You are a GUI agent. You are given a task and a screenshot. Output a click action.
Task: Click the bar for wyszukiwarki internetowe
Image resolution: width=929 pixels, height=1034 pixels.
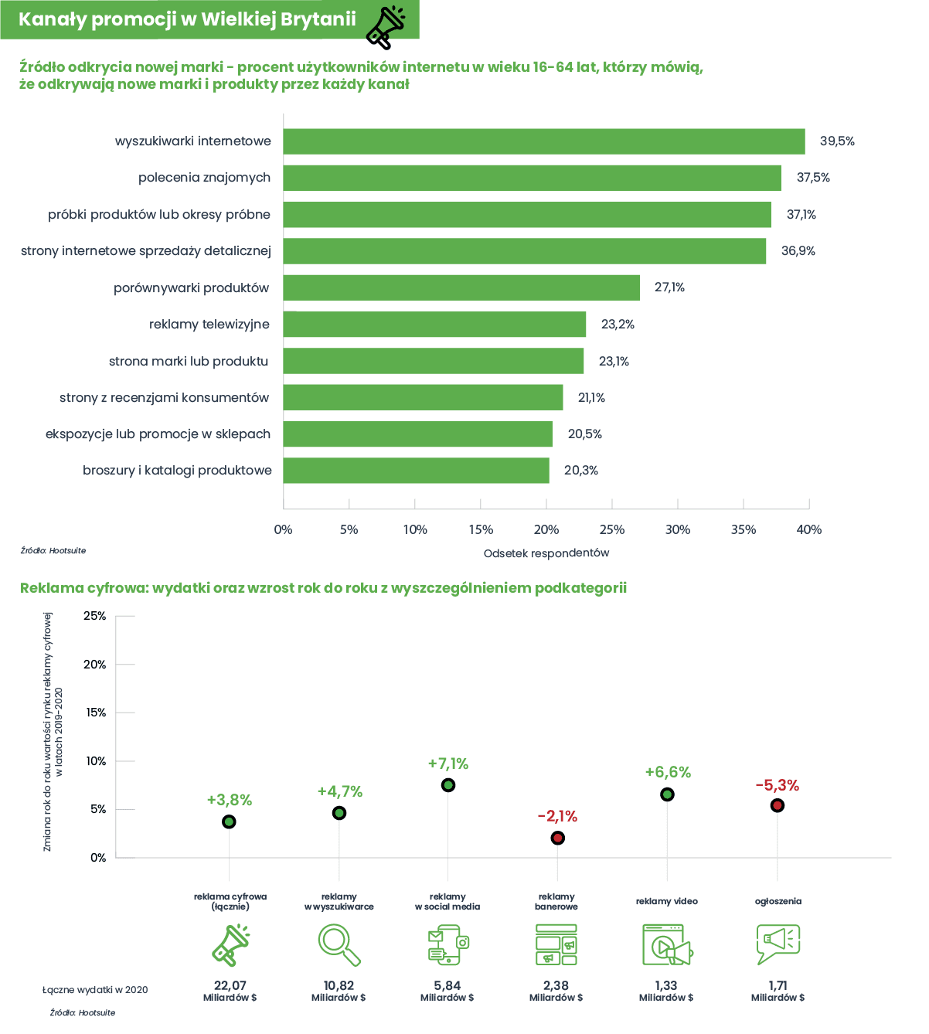pyautogui.click(x=543, y=141)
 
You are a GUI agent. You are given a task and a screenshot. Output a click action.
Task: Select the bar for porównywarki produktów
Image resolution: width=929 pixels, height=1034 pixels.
pyautogui.click(x=461, y=287)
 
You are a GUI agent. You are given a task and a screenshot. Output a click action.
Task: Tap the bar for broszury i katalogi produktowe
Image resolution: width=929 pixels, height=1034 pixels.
pyautogui.click(x=416, y=470)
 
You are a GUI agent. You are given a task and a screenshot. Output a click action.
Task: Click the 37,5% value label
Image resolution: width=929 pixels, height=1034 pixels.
pyautogui.click(x=813, y=178)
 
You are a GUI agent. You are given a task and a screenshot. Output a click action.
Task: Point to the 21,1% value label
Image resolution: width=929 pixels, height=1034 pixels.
pyautogui.click(x=591, y=397)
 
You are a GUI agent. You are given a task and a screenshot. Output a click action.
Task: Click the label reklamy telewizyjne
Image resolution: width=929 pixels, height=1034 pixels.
pyautogui.click(x=209, y=325)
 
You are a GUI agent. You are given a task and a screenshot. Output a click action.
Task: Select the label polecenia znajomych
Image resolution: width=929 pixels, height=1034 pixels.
pyautogui.click(x=204, y=178)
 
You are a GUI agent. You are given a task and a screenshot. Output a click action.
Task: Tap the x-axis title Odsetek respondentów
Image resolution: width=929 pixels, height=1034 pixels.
pyautogui.click(x=546, y=553)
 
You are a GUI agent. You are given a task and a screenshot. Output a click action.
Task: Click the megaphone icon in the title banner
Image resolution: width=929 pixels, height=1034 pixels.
pyautogui.click(x=386, y=27)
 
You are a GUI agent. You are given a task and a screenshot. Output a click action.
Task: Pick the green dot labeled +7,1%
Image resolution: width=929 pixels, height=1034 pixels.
pyautogui.click(x=447, y=785)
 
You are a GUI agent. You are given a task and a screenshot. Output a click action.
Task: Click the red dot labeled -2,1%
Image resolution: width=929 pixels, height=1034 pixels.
pyautogui.click(x=557, y=838)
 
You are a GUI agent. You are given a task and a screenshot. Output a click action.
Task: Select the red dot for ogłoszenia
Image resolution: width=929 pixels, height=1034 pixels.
pyautogui.click(x=777, y=805)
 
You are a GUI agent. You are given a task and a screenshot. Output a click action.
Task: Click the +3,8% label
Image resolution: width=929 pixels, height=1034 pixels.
pyautogui.click(x=230, y=800)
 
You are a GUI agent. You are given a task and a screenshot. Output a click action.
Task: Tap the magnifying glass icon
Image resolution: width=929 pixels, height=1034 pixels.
pyautogui.click(x=339, y=944)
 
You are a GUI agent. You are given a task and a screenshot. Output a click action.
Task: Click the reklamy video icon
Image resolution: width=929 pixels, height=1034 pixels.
pyautogui.click(x=667, y=944)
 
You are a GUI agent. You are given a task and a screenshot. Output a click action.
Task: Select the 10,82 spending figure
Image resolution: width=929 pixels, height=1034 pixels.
pyautogui.click(x=339, y=985)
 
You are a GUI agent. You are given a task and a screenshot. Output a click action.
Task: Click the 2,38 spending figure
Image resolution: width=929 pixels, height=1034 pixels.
pyautogui.click(x=556, y=985)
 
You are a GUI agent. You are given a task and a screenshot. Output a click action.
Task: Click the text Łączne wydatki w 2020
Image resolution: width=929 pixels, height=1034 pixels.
pyautogui.click(x=95, y=990)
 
